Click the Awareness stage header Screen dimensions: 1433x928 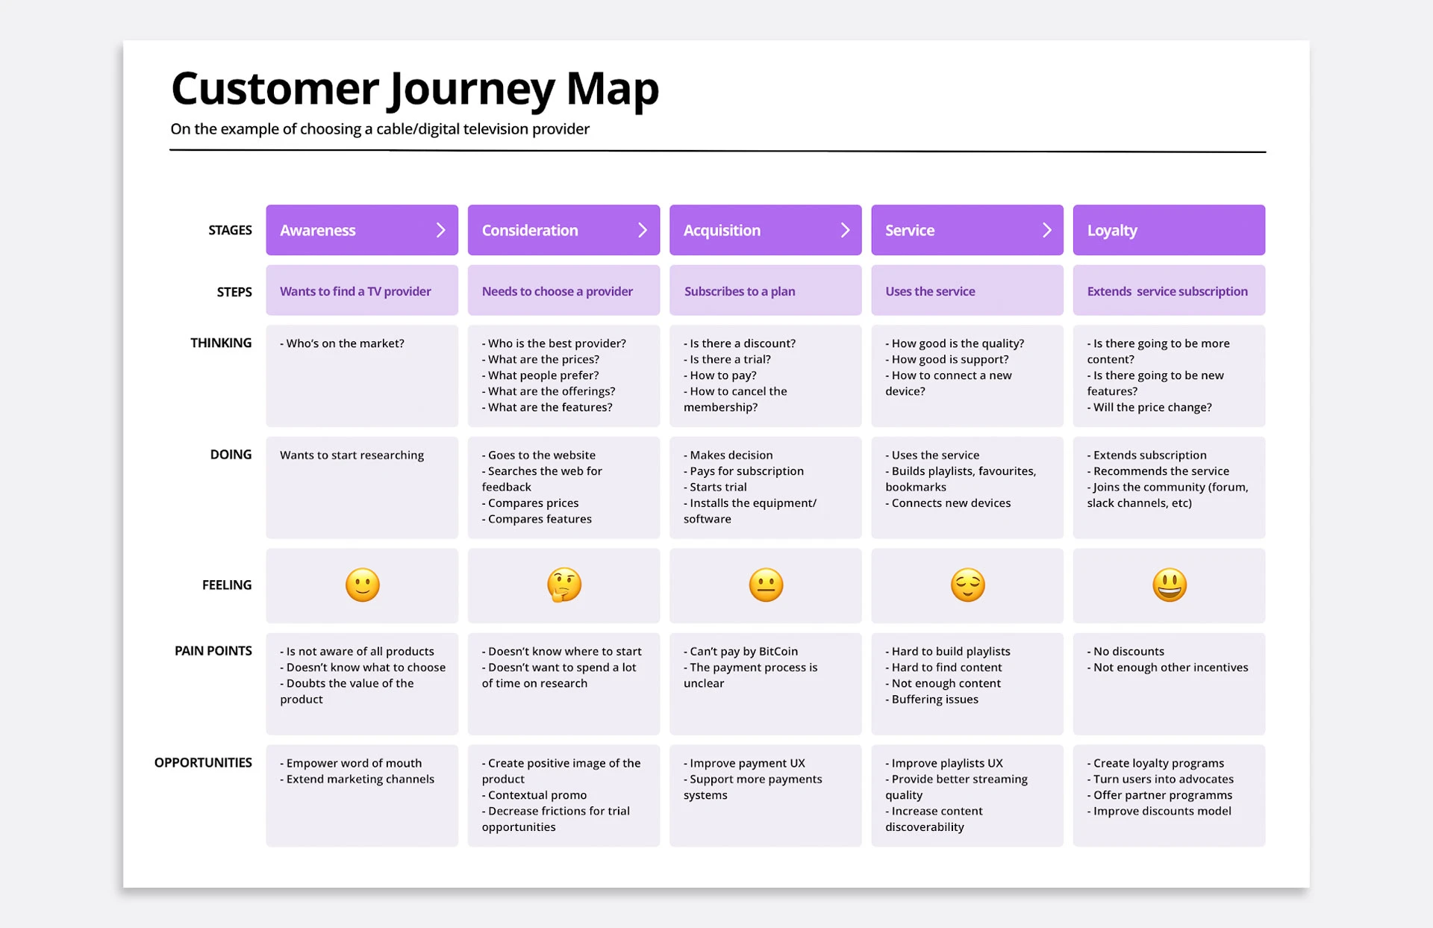362,230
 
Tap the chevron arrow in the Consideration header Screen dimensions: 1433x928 643,230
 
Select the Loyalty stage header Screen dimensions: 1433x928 1169,230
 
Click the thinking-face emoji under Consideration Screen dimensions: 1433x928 564,585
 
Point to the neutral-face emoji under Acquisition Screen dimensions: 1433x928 766,585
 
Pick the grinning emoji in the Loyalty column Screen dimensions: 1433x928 1170,585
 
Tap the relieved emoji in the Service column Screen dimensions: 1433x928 968,585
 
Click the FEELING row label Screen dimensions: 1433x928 227,585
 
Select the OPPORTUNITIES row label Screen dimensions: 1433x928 203,763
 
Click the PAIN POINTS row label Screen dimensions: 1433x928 213,651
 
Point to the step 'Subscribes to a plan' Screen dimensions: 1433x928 740,291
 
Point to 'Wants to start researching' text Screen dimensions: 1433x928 352,455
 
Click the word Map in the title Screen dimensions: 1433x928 613,88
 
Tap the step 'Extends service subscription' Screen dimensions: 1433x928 1167,291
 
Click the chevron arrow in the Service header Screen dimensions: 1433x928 1046,230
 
